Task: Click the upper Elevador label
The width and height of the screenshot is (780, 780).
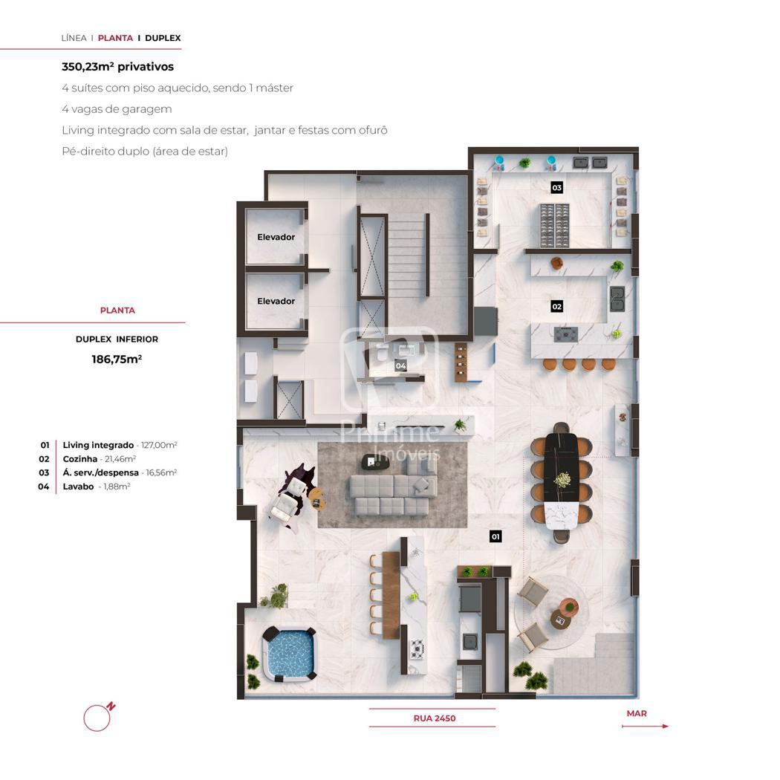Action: (276, 237)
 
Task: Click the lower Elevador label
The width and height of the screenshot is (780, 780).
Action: (276, 301)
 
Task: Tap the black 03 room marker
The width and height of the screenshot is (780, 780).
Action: (556, 187)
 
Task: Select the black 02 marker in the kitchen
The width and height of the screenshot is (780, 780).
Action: (556, 306)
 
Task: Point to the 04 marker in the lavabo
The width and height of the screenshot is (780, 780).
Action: (400, 365)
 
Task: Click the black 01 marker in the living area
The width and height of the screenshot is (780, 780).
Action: (495, 536)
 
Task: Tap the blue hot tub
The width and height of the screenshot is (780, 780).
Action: (290, 653)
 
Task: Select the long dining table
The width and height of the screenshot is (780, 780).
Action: (561, 481)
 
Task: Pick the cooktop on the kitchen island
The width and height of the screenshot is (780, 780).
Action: (566, 334)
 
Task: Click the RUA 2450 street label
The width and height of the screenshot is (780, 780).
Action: (435, 718)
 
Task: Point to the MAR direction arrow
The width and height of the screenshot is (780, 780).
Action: (646, 727)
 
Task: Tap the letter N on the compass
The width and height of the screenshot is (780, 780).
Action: (111, 706)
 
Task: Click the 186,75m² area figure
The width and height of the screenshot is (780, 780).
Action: (117, 359)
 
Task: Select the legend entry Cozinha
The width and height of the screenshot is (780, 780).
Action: (99, 459)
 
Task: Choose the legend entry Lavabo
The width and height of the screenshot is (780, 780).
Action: (97, 487)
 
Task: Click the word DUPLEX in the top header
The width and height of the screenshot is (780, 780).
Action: (163, 38)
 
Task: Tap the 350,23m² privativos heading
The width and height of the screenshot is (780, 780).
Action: (118, 67)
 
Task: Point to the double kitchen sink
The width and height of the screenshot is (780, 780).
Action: (617, 299)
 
